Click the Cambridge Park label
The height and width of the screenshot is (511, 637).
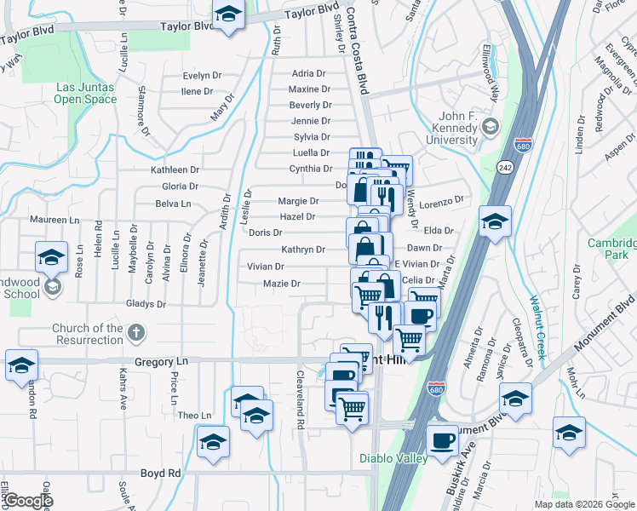(x=611, y=249)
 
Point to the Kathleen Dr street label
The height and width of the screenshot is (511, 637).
(x=175, y=170)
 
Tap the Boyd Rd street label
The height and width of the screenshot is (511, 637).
(x=160, y=473)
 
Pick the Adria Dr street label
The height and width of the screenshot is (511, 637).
(x=308, y=74)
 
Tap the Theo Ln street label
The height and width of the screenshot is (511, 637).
(x=194, y=416)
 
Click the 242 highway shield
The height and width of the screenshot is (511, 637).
(x=504, y=167)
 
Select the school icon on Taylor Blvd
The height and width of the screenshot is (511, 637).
(x=227, y=16)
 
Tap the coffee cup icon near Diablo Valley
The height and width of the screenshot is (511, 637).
(x=442, y=441)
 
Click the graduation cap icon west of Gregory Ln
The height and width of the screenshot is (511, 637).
(x=21, y=365)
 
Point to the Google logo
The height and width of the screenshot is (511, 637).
(x=27, y=501)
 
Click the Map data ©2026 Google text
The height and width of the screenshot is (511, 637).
(x=584, y=504)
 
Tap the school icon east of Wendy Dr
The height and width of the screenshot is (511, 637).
(x=495, y=221)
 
